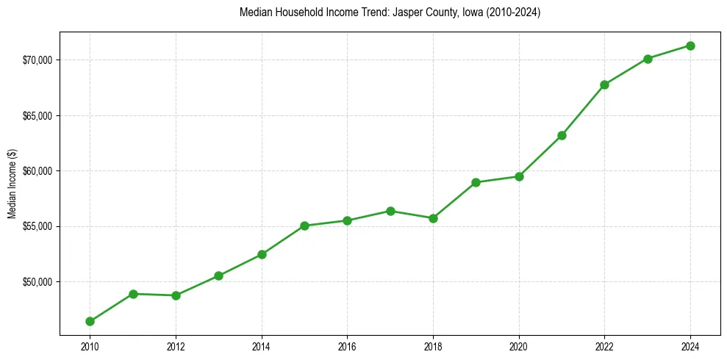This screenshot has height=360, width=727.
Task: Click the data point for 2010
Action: pos(90,321)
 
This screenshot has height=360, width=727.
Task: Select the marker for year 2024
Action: pos(690,46)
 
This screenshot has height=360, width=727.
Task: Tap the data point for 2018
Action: pos(433,218)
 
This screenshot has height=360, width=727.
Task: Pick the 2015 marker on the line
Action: pos(304,226)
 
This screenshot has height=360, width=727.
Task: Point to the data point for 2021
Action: pos(562,135)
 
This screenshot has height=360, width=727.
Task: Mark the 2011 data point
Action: pos(133,294)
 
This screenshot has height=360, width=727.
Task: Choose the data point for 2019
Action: pos(476,182)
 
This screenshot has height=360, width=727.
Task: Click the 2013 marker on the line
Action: pos(218,276)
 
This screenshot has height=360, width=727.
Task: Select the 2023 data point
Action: pos(648,59)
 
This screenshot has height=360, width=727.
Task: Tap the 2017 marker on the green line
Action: pos(390,211)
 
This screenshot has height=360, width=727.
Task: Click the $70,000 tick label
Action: pos(37,60)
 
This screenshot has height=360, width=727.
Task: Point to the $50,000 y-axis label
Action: pos(37,282)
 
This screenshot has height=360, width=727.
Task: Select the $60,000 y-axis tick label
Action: pos(37,171)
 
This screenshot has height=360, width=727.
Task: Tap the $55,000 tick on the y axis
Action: pos(37,226)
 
